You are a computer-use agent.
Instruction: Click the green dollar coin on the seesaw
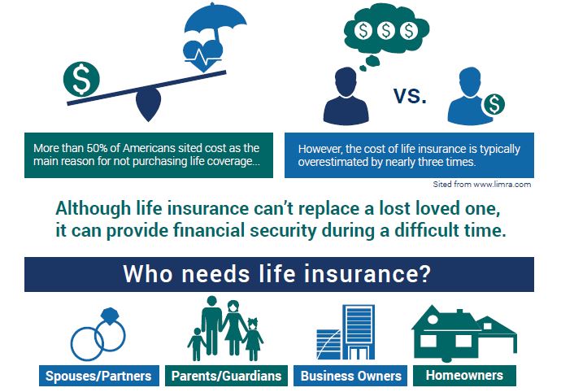(81, 79)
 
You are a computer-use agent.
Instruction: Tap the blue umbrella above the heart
(215, 21)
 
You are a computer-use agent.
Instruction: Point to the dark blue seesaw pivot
(148, 105)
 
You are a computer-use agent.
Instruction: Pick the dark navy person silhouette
(346, 96)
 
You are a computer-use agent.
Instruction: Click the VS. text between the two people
(410, 96)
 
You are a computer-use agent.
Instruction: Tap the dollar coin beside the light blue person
(494, 104)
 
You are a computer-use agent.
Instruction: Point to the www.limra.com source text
(502, 185)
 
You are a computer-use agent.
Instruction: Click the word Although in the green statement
(93, 209)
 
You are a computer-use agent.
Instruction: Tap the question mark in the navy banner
(424, 274)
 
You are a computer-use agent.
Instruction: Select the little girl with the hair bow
(254, 339)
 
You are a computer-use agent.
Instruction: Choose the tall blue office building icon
(359, 332)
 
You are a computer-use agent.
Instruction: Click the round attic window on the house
(433, 320)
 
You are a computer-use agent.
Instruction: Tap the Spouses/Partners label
(98, 376)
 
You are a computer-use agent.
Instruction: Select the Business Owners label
(350, 376)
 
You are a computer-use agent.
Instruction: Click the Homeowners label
(464, 375)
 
